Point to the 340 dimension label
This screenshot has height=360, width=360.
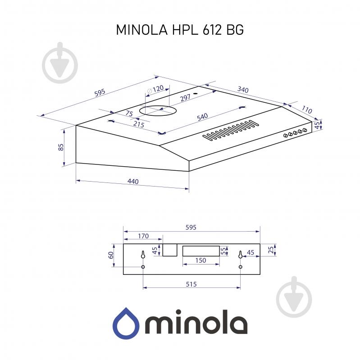[x=242, y=90]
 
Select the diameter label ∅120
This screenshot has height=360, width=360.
[x=155, y=90]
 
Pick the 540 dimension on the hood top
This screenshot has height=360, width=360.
[x=202, y=117]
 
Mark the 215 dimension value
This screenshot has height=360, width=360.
[x=138, y=124]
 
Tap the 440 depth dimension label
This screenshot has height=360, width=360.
[x=132, y=182]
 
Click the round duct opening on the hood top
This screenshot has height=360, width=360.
[x=156, y=109]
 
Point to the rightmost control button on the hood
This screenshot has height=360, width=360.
[x=305, y=130]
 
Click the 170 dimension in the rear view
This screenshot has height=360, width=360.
[x=143, y=236]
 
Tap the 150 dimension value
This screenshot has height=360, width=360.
[x=201, y=260]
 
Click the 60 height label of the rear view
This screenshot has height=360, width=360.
[x=111, y=255]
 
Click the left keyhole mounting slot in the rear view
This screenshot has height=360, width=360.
[x=143, y=254]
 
